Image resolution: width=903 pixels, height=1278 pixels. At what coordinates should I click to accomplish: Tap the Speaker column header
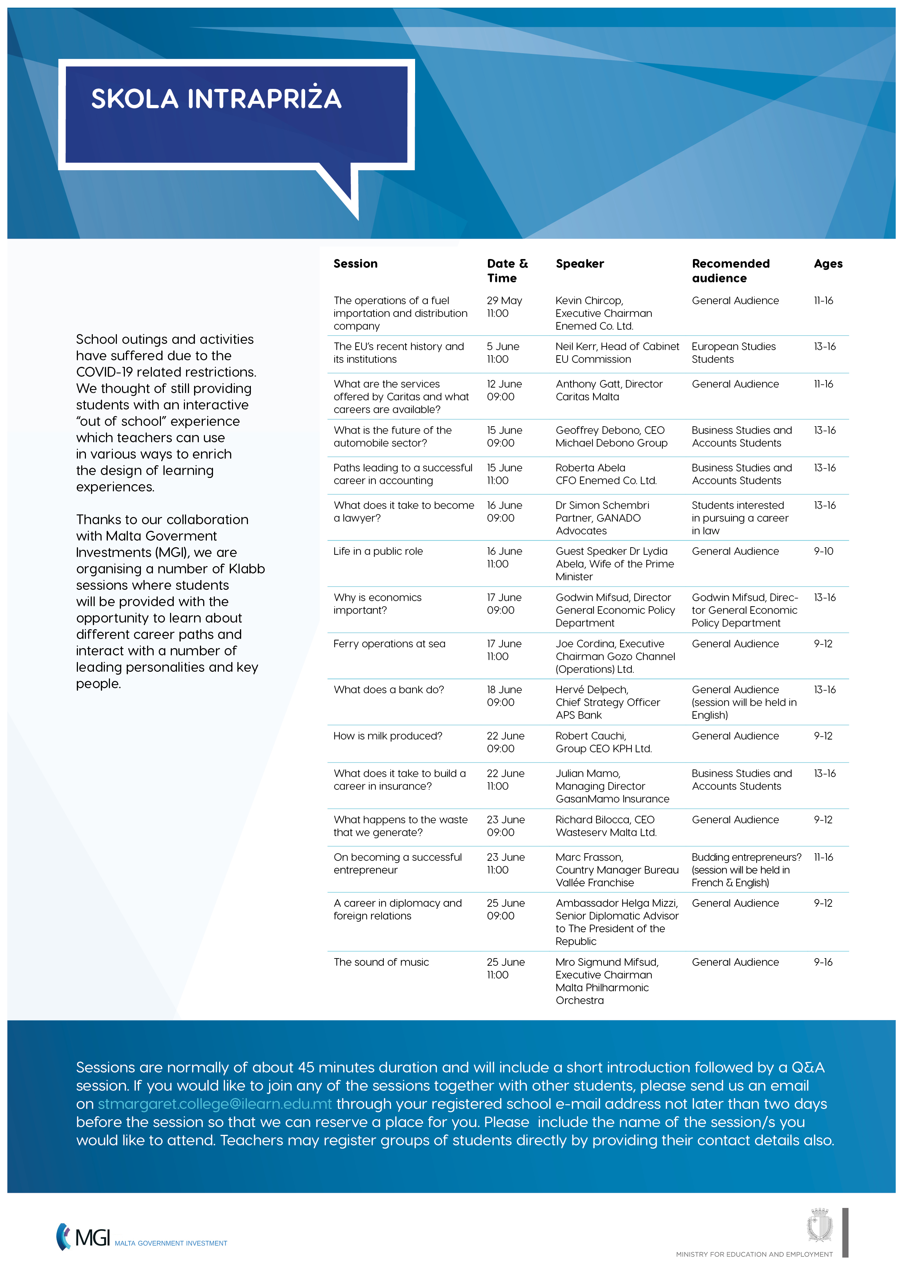pos(579,263)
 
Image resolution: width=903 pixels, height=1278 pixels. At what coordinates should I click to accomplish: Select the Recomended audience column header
pos(730,271)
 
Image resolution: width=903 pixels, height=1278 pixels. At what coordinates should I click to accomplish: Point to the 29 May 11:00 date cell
pos(504,307)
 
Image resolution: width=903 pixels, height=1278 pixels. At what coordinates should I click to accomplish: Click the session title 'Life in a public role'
pos(378,551)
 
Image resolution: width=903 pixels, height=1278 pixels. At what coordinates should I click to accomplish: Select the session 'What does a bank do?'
pos(389,690)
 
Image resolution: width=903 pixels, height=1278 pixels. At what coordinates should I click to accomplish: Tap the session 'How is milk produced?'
pos(388,736)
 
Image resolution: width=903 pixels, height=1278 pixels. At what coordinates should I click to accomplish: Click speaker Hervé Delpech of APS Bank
pos(608,702)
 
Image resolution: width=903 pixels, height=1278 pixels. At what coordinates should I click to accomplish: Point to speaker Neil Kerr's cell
pos(617,352)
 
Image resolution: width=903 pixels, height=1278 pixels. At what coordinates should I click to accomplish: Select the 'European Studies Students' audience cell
pos(733,352)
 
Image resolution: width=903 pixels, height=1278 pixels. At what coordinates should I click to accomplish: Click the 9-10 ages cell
pos(823,551)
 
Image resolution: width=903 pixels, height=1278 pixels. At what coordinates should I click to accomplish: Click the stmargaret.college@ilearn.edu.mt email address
pos(215,1104)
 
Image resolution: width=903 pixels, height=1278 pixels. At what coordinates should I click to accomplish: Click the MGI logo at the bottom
pos(83,1237)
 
